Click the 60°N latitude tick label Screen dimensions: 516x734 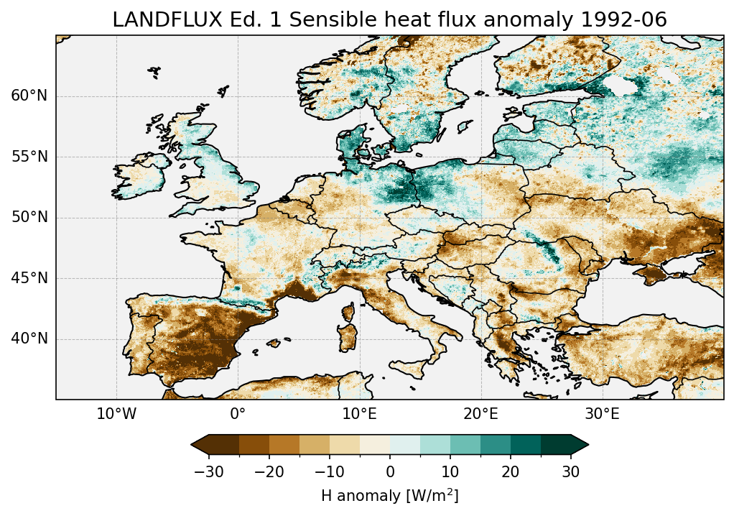[29, 96]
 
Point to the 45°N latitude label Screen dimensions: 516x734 [29, 278]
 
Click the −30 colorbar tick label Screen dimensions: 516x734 [209, 471]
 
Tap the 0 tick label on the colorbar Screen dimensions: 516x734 [390, 471]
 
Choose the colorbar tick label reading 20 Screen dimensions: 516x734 [511, 471]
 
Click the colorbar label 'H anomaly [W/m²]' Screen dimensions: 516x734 [390, 495]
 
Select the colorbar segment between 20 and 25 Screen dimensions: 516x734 [525, 445]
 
